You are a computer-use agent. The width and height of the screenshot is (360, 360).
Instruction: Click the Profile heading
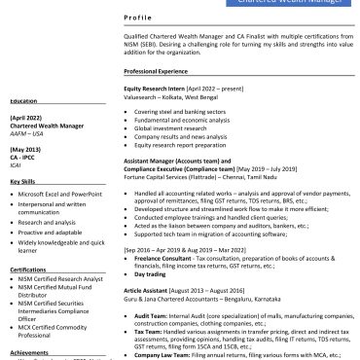click(138, 19)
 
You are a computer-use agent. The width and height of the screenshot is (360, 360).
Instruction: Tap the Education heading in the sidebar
click(24, 100)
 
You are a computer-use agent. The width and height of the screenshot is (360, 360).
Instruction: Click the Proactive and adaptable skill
click(55, 233)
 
